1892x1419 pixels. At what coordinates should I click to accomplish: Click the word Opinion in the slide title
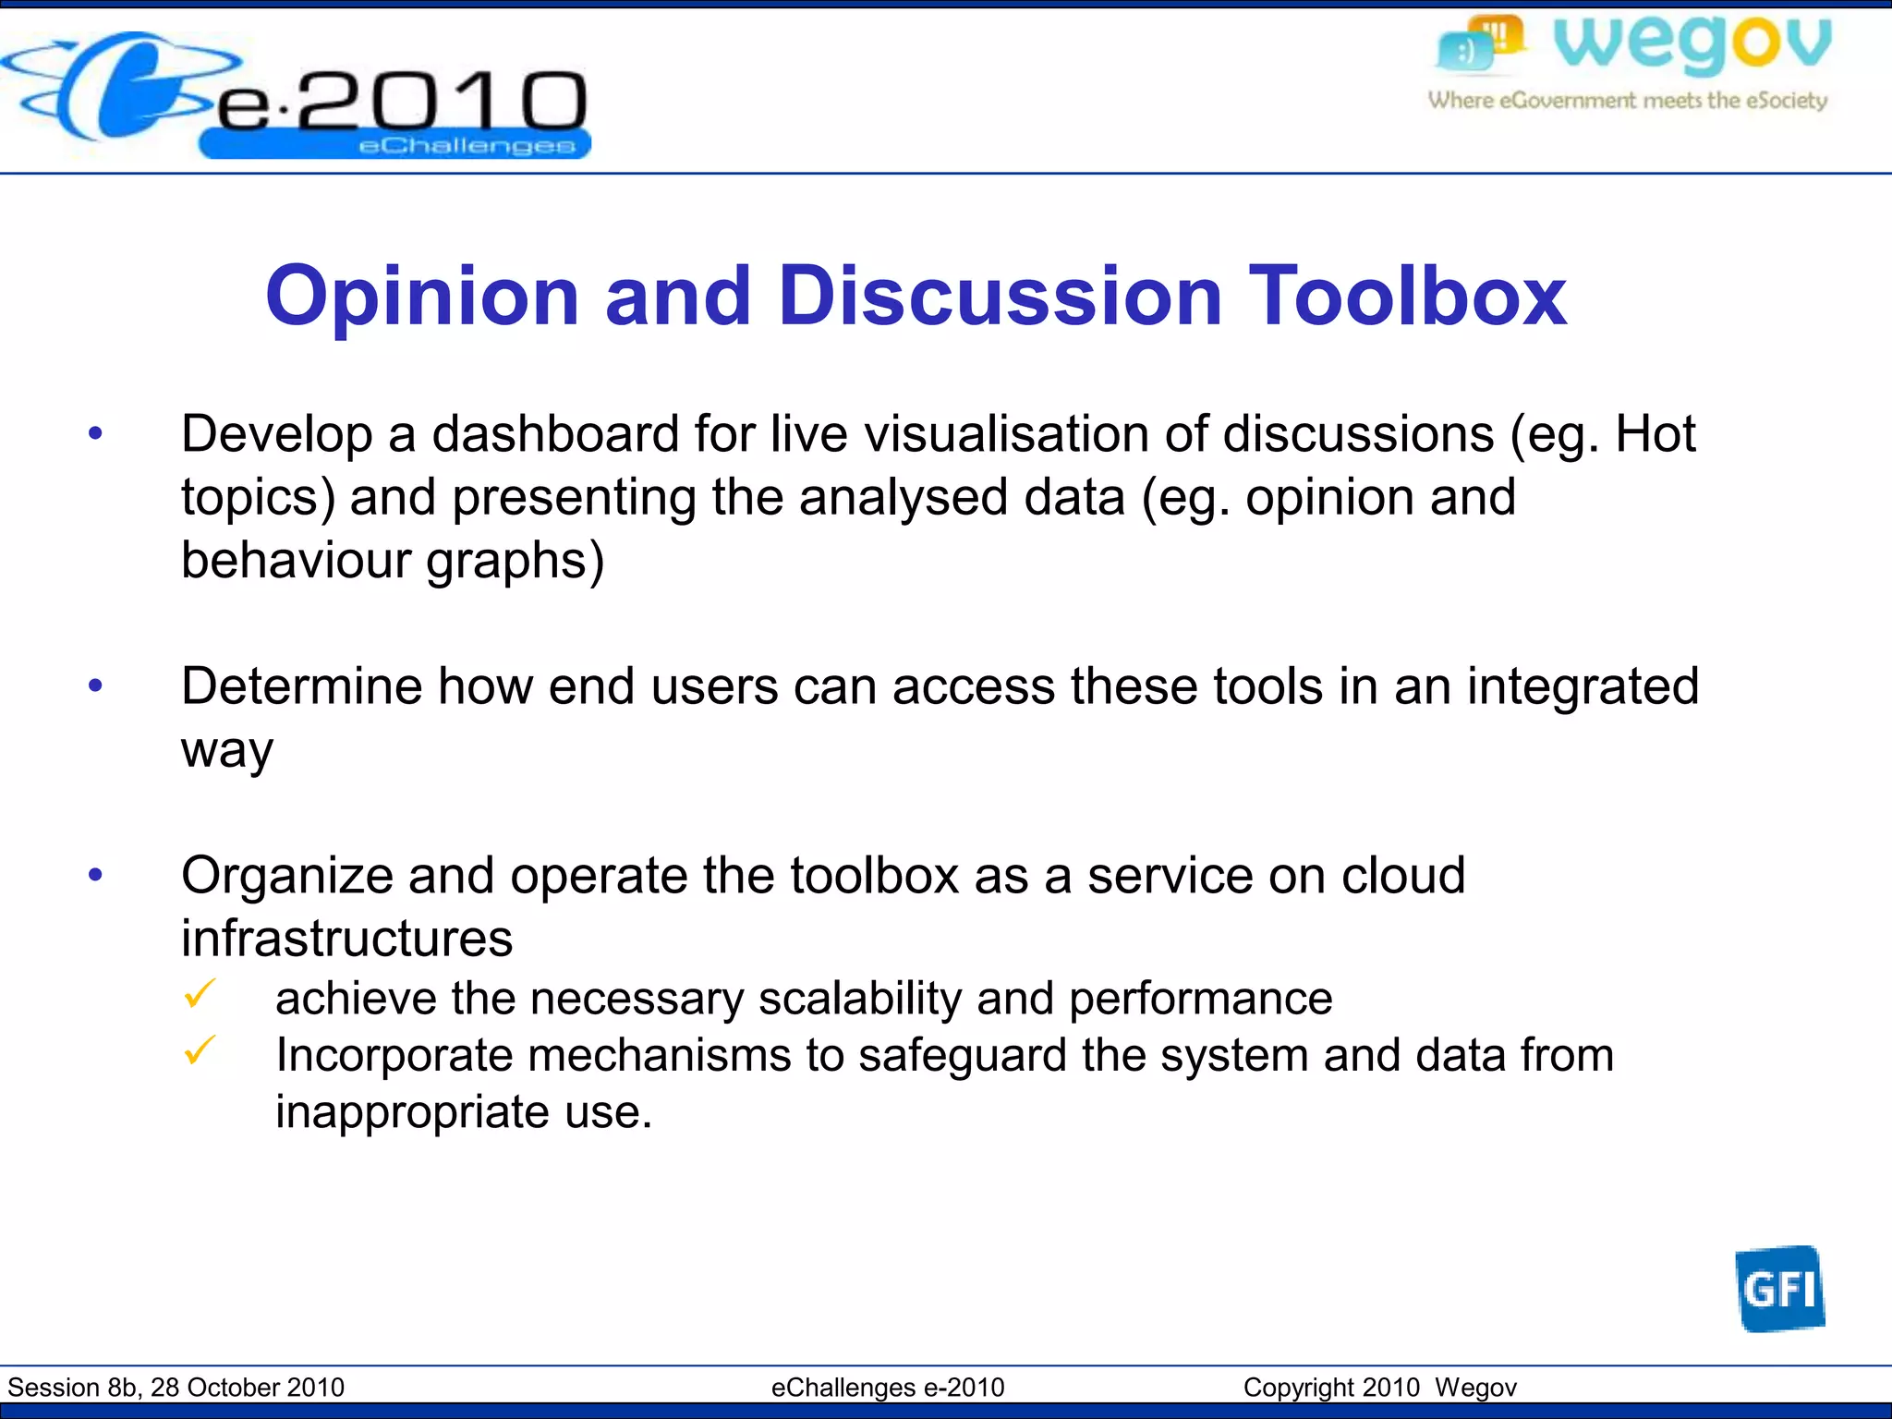pos(422,297)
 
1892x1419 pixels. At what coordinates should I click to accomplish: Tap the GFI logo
pos(1779,1289)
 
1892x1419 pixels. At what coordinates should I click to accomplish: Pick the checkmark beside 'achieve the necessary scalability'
pos(200,994)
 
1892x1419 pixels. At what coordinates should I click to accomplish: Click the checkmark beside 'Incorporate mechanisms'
pos(200,1050)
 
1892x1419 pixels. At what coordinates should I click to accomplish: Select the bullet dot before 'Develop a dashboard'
pos(95,433)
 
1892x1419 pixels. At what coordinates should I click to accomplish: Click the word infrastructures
pos(346,939)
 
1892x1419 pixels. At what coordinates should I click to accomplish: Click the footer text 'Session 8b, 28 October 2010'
pos(176,1388)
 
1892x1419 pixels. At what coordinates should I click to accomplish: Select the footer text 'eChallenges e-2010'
pos(888,1388)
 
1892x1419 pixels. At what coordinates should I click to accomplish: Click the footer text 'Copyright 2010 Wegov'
pos(1379,1388)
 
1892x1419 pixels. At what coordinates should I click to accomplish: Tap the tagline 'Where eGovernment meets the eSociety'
pos(1628,100)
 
